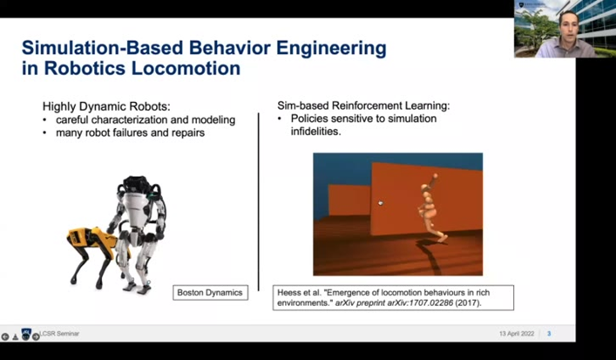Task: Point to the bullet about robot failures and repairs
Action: (x=121, y=132)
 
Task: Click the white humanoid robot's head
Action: (x=133, y=185)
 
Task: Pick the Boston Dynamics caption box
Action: (x=210, y=292)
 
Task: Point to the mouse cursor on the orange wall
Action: (x=379, y=202)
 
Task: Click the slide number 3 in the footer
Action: (x=549, y=334)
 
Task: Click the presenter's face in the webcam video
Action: (x=558, y=24)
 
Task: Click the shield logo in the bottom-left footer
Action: (x=26, y=335)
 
